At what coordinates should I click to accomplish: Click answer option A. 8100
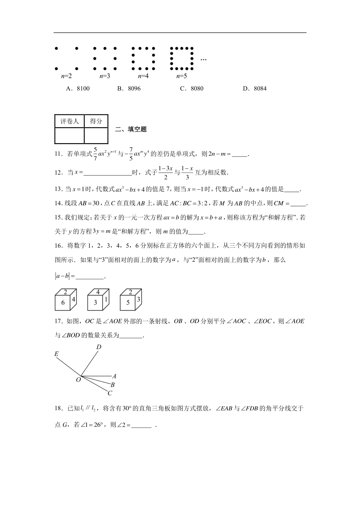(x=78, y=89)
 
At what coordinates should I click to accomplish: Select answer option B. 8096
(x=129, y=89)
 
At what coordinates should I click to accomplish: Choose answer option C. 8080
(x=192, y=89)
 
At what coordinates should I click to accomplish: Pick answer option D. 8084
(x=255, y=89)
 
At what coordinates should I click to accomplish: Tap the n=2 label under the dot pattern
(x=66, y=76)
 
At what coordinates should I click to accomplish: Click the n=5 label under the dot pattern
(x=182, y=76)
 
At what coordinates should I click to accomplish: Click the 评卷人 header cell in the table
(x=69, y=121)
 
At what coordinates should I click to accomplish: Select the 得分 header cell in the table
(x=96, y=121)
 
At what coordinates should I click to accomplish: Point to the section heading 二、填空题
(x=131, y=130)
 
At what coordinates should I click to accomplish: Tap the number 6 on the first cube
(x=63, y=302)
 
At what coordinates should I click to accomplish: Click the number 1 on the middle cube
(x=106, y=299)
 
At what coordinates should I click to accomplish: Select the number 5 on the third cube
(x=128, y=302)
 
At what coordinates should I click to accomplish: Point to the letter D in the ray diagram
(x=99, y=347)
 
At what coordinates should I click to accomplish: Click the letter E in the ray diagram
(x=56, y=354)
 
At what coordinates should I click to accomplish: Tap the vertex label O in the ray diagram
(x=78, y=379)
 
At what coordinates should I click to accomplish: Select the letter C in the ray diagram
(x=110, y=393)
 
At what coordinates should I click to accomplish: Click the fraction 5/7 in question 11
(x=95, y=154)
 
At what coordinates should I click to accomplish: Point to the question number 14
(x=58, y=203)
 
